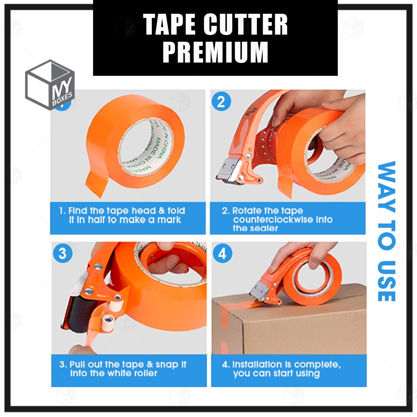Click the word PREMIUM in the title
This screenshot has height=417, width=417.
point(215,52)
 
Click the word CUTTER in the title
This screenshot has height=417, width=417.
point(246,25)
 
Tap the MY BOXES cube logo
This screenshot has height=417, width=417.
point(50,85)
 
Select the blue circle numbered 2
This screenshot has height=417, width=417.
point(221,101)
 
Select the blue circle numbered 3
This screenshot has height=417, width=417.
point(63,254)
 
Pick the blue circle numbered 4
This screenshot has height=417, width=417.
point(222,254)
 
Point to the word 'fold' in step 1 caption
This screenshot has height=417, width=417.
point(176,211)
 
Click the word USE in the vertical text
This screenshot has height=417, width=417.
point(387,281)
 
